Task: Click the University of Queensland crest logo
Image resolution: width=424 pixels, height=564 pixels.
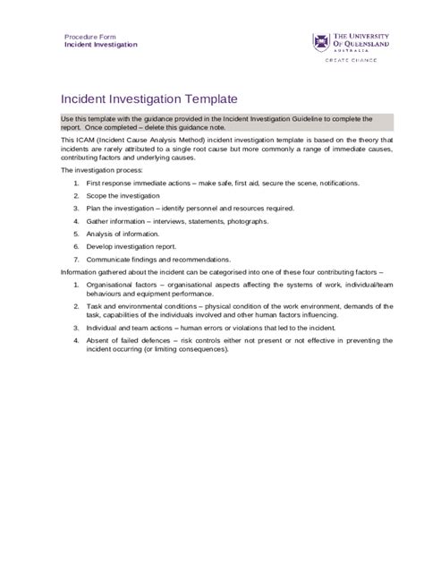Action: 320,42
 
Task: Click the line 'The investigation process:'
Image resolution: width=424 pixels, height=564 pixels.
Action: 99,169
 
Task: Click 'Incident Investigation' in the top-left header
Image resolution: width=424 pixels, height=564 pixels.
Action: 100,44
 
